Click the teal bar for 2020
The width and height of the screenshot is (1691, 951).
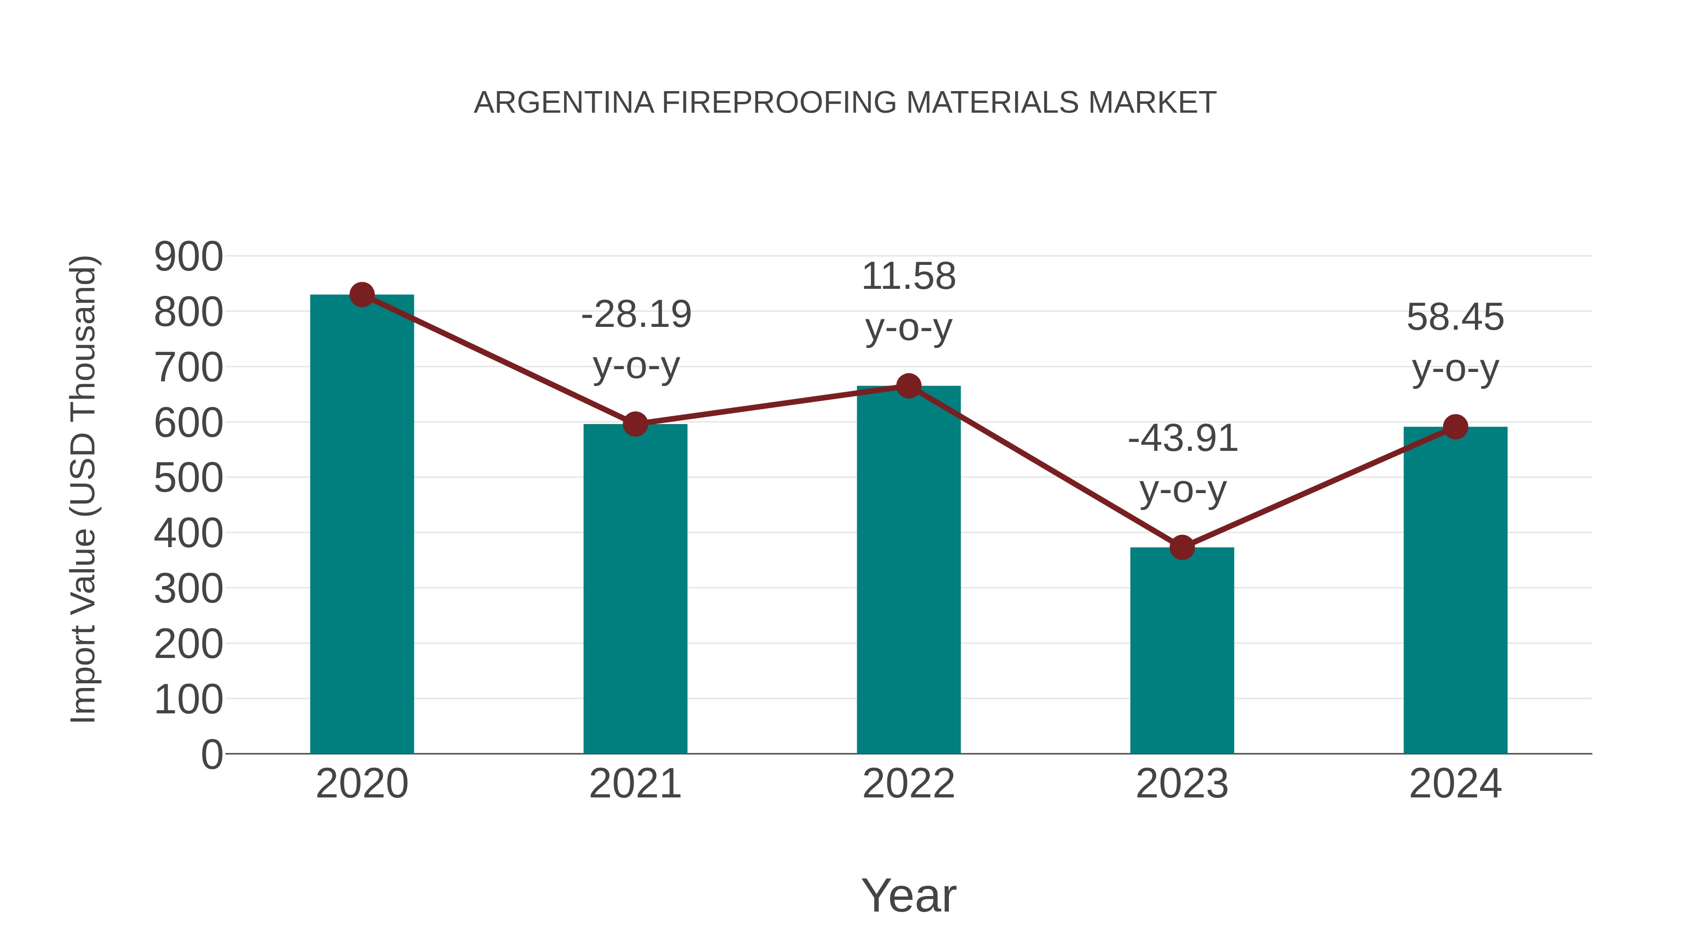click(362, 525)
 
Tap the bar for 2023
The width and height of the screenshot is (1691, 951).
click(1182, 650)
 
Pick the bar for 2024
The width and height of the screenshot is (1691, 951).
click(1455, 591)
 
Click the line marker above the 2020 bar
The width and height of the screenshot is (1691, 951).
click(362, 294)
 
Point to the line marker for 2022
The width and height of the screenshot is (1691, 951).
click(908, 386)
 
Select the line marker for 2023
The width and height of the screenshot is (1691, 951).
click(1182, 547)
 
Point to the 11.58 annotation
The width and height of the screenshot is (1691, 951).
click(908, 276)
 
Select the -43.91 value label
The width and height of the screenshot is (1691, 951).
click(1182, 439)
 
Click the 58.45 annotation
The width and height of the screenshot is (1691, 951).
click(1455, 317)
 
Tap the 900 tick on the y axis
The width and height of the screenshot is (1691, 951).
click(188, 256)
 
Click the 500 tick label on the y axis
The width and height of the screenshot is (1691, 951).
click(188, 479)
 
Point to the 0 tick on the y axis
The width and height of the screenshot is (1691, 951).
click(211, 755)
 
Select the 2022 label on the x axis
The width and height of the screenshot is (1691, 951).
click(908, 784)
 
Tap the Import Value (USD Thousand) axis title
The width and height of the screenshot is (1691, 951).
click(84, 489)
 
